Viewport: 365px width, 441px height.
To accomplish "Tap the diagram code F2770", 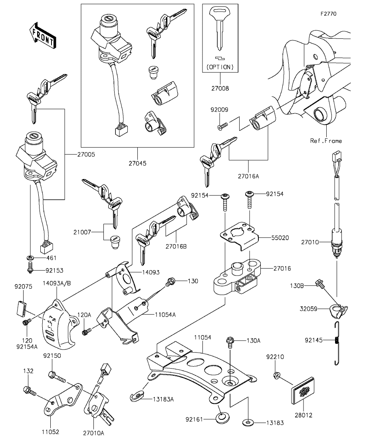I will [328, 14].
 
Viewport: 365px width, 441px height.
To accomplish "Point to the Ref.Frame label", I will [326, 141].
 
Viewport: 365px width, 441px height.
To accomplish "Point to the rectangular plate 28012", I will [304, 392].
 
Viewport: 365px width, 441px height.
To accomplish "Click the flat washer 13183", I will [248, 422].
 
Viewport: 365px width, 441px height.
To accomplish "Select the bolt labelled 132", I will [27, 389].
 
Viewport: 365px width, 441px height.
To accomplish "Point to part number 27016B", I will [177, 247].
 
